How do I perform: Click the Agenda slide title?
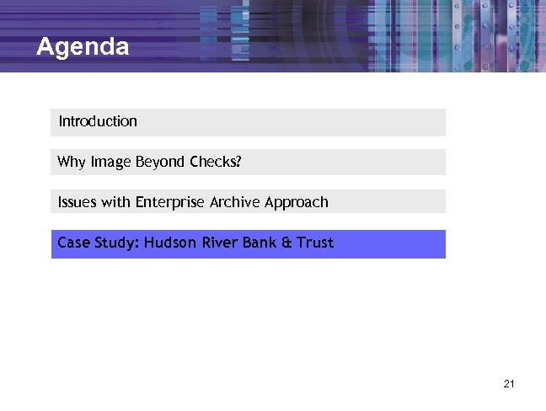pyautogui.click(x=83, y=46)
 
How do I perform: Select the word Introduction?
pyautogui.click(x=98, y=121)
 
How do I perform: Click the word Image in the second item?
pyautogui.click(x=110, y=162)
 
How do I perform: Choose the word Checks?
pyautogui.click(x=216, y=162)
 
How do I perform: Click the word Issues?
pyautogui.click(x=78, y=202)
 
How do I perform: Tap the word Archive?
pyautogui.click(x=235, y=202)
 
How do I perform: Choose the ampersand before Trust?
pyautogui.click(x=286, y=243)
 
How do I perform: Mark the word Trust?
pyautogui.click(x=315, y=243)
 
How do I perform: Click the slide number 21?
pyautogui.click(x=508, y=384)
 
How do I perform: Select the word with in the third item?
pyautogui.click(x=115, y=202)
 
